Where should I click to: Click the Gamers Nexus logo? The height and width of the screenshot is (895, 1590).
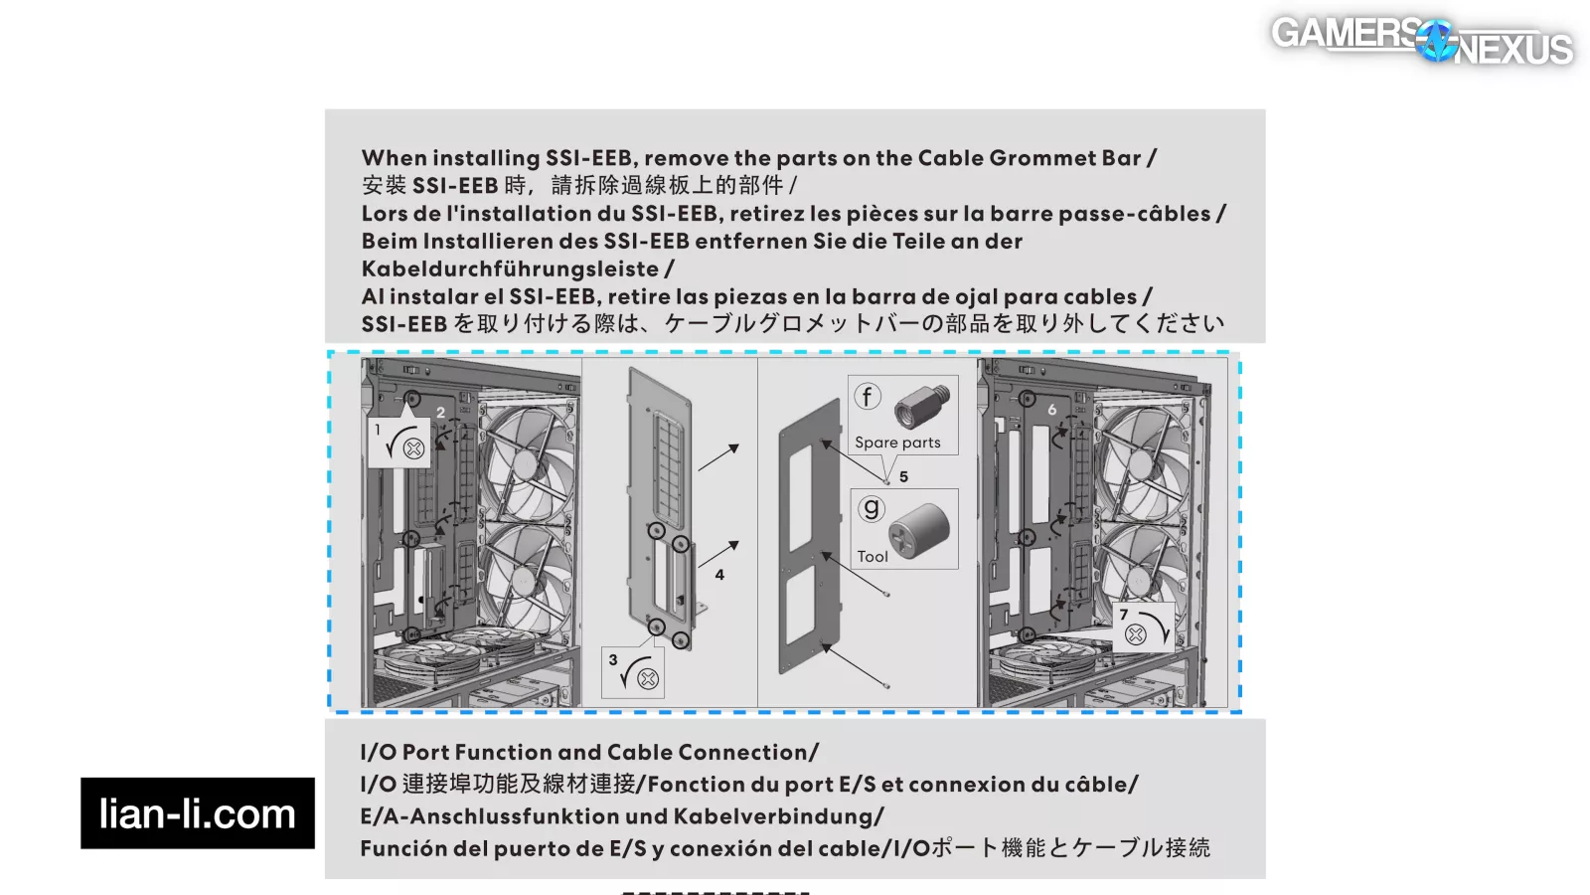[1421, 41]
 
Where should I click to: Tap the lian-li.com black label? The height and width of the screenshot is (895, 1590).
[197, 813]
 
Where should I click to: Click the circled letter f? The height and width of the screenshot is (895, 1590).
[868, 397]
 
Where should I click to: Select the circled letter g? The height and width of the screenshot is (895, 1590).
[872, 509]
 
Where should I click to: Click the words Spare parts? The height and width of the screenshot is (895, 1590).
[897, 443]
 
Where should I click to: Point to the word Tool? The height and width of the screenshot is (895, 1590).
[873, 557]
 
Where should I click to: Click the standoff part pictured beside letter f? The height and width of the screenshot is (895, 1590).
[922, 407]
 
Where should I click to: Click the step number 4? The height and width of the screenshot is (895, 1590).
[719, 575]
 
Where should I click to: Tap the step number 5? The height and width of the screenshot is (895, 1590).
[903, 476]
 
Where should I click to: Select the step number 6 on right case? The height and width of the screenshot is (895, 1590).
[1051, 410]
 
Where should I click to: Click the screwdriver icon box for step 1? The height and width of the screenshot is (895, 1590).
[399, 442]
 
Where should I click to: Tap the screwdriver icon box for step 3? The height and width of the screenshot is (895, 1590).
[633, 672]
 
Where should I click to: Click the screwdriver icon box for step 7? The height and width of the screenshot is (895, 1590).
[1144, 626]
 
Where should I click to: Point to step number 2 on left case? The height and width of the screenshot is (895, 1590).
[440, 412]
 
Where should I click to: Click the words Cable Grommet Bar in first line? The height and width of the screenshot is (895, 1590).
[1029, 158]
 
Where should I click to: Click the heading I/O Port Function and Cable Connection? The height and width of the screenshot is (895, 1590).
[589, 753]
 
